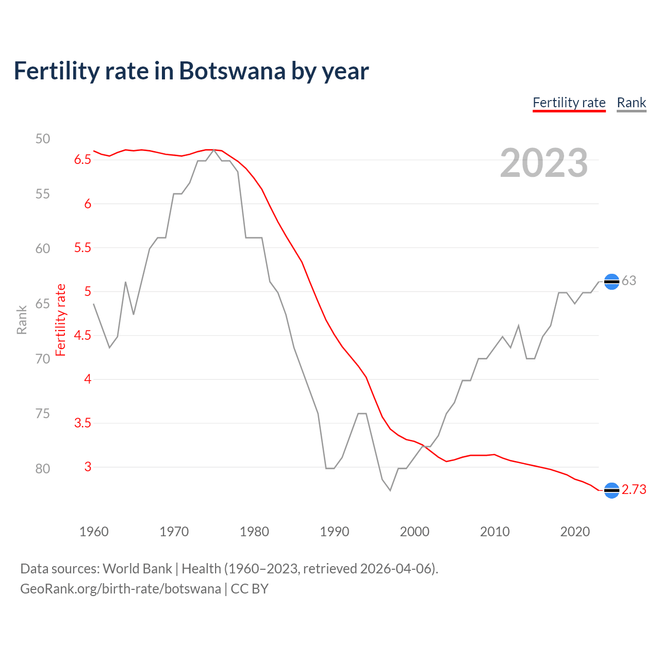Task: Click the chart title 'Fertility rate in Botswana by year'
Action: pyautogui.click(x=191, y=71)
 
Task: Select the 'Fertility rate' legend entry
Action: pyautogui.click(x=569, y=103)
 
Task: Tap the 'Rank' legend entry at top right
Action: pyautogui.click(x=631, y=103)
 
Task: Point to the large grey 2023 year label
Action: pyautogui.click(x=543, y=163)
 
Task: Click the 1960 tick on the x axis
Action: pyautogui.click(x=94, y=532)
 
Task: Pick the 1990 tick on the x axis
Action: pyautogui.click(x=334, y=532)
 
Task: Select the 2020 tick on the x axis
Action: pyautogui.click(x=575, y=532)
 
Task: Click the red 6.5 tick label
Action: pyautogui.click(x=82, y=160)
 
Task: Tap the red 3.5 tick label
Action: pyautogui.click(x=82, y=423)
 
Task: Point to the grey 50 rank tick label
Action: pyautogui.click(x=43, y=139)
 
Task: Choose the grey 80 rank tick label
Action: pyautogui.click(x=43, y=469)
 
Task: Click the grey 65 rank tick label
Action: pyautogui.click(x=43, y=304)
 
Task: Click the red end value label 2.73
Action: pyautogui.click(x=634, y=490)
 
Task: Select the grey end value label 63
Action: pyautogui.click(x=629, y=281)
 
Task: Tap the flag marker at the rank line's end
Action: pyautogui.click(x=612, y=282)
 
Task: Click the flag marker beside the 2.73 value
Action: pyautogui.click(x=612, y=490)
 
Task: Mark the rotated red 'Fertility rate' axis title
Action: pyautogui.click(x=61, y=320)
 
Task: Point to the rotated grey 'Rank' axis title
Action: pyautogui.click(x=22, y=320)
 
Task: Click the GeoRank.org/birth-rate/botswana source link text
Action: pyautogui.click(x=120, y=589)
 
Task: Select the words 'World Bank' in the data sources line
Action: pyautogui.click(x=137, y=569)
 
